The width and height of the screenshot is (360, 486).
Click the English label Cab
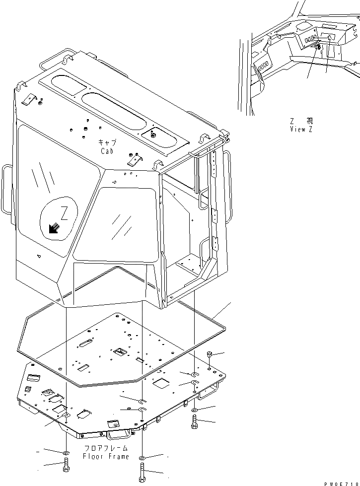pos(107,151)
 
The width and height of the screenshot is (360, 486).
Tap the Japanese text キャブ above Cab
pos(107,142)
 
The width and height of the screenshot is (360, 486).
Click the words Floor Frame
pos(106,456)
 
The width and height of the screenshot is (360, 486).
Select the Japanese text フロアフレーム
pos(106,448)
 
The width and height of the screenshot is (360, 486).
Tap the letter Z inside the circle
pos(64,213)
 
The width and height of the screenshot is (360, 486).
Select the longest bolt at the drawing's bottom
pos(143,473)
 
